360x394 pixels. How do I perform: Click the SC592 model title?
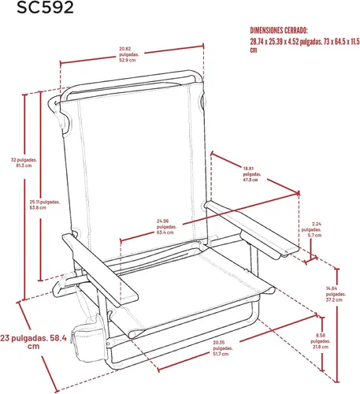click(x=45, y=7)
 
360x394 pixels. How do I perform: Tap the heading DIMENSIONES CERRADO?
click(x=279, y=31)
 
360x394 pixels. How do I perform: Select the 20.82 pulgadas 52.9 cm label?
click(x=128, y=54)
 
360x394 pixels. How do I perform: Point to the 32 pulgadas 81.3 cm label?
click(x=24, y=162)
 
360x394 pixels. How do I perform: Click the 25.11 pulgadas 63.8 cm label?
click(x=45, y=205)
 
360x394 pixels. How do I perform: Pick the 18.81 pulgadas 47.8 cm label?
click(x=251, y=174)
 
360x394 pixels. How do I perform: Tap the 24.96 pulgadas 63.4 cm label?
click(x=166, y=226)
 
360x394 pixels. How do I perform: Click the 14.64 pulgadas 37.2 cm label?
click(x=336, y=294)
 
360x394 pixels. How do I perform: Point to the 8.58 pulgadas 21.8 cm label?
click(x=321, y=341)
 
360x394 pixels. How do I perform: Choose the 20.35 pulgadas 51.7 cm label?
click(x=223, y=348)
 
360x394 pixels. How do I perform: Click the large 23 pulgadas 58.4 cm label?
click(x=33, y=342)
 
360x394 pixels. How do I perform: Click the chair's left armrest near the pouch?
click(x=100, y=269)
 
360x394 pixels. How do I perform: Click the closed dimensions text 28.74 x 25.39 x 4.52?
click(x=304, y=46)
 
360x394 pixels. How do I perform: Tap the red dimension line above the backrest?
click(x=132, y=54)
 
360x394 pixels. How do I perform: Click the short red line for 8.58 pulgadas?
click(x=322, y=344)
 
